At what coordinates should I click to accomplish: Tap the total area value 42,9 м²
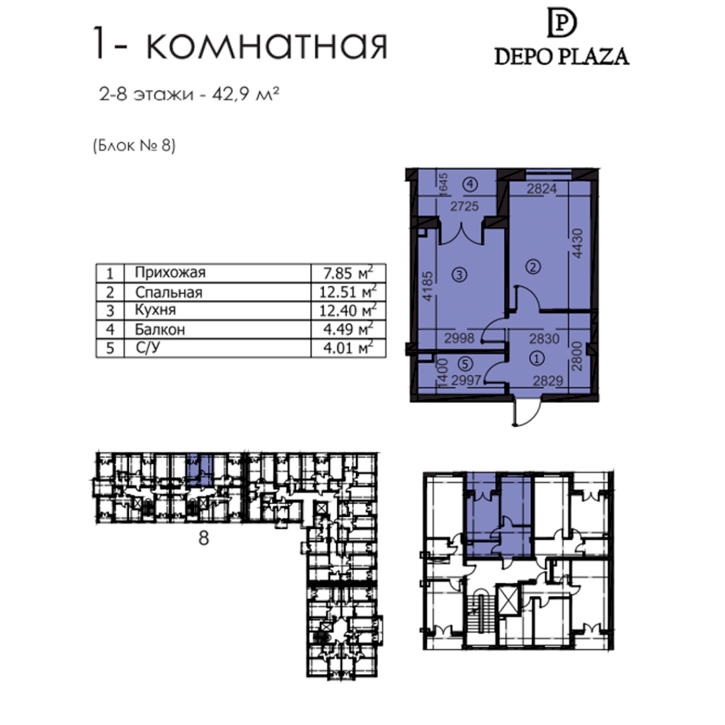(246, 94)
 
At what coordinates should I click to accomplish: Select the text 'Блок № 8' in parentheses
(134, 146)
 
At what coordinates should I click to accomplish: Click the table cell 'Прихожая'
(170, 273)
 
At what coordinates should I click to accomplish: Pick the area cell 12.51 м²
(348, 292)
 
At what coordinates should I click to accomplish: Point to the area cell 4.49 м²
(348, 329)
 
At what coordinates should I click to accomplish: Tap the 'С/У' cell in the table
(148, 347)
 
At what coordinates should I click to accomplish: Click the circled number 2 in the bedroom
(533, 267)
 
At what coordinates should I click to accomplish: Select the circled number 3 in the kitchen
(459, 275)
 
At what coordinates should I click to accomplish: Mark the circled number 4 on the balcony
(470, 185)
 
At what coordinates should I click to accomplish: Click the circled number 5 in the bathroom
(465, 364)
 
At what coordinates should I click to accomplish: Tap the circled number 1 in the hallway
(537, 358)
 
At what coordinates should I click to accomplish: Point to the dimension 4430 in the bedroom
(577, 244)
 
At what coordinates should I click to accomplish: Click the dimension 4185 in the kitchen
(428, 286)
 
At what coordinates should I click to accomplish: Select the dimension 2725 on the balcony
(464, 206)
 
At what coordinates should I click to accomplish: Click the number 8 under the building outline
(203, 538)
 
